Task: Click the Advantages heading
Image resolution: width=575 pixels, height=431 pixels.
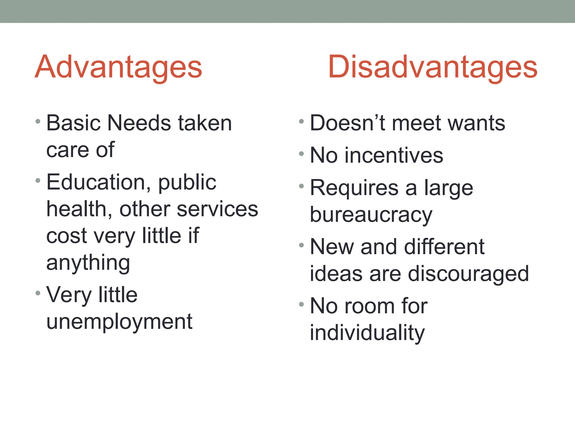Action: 118,67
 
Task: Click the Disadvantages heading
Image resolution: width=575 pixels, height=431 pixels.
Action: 433,67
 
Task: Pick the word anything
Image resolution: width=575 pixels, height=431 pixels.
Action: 88,263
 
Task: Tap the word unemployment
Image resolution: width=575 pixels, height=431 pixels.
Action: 119,322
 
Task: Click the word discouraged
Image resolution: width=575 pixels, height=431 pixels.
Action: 468,274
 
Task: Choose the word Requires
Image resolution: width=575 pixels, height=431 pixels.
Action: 354,188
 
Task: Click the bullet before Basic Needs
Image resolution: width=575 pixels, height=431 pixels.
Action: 38,121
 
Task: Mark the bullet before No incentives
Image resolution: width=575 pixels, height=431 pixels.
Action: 301,154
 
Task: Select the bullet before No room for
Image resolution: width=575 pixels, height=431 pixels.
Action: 301,304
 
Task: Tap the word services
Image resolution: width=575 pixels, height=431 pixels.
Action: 217,209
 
